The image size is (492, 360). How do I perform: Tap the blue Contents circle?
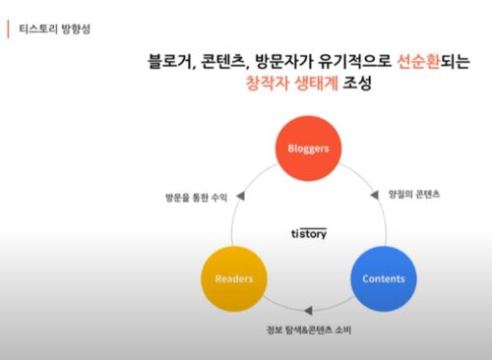pyautogui.click(x=383, y=278)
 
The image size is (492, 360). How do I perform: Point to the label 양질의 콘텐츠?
pyautogui.click(x=413, y=194)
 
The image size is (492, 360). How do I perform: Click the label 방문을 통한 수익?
pyautogui.click(x=197, y=197)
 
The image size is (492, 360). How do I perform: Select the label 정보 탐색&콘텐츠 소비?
pyautogui.click(x=308, y=329)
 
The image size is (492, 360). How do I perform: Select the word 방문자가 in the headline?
pyautogui.click(x=278, y=63)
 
